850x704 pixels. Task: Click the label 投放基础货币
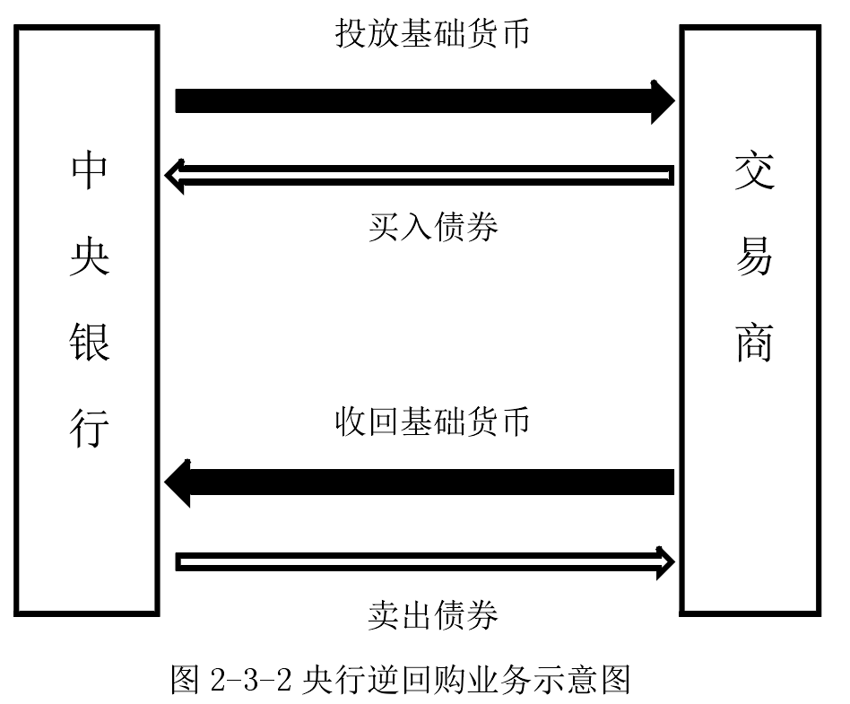pyautogui.click(x=433, y=34)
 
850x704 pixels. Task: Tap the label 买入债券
pyautogui.click(x=433, y=227)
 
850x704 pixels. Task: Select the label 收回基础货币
pyautogui.click(x=433, y=421)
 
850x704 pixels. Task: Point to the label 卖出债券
pyautogui.click(x=433, y=615)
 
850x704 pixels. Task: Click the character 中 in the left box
pyautogui.click(x=89, y=170)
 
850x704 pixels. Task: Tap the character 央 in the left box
pyautogui.click(x=89, y=257)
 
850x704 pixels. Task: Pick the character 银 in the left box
pyautogui.click(x=89, y=343)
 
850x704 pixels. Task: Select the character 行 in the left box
pyautogui.click(x=89, y=428)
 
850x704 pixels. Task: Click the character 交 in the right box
pyautogui.click(x=753, y=170)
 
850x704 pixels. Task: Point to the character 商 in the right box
pyautogui.click(x=753, y=343)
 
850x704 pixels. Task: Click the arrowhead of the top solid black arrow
pyautogui.click(x=662, y=100)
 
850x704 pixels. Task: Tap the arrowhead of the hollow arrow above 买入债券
pyautogui.click(x=175, y=175)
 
